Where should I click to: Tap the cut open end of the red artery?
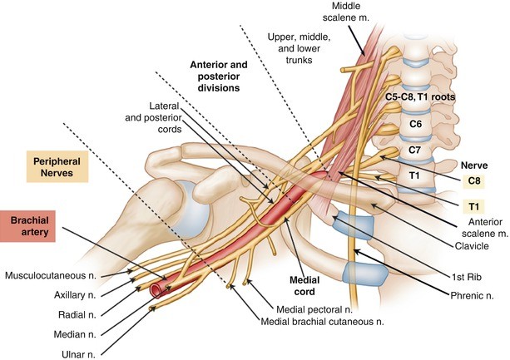click(157, 290)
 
